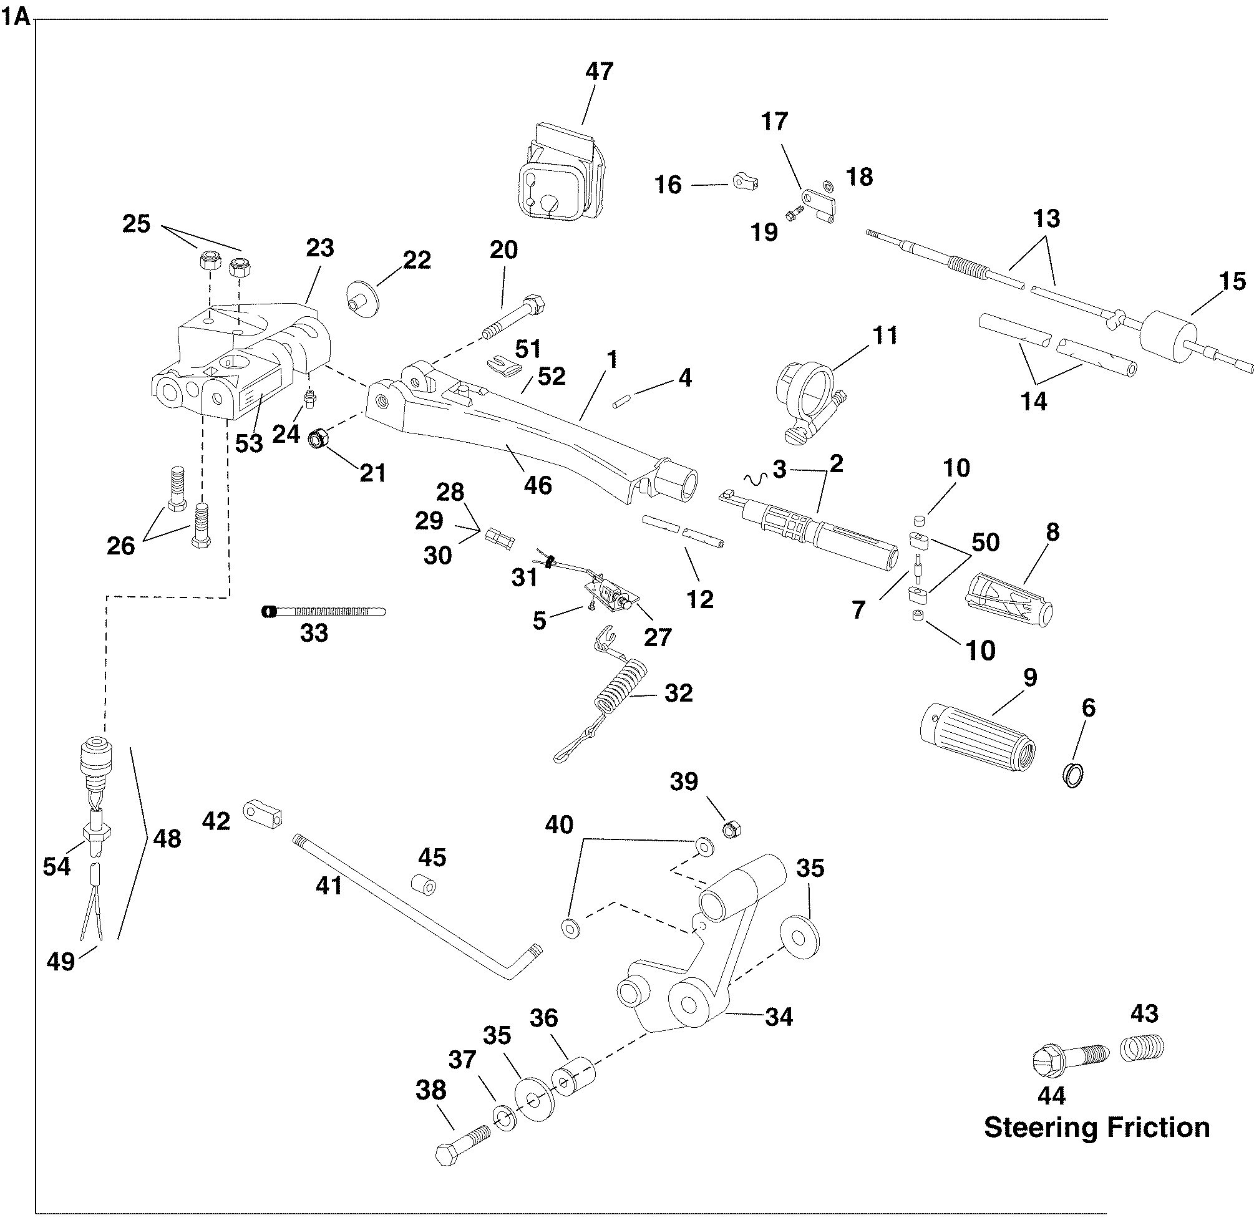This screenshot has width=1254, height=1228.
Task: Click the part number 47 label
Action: (600, 71)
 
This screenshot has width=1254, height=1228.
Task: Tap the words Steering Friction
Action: (1096, 1127)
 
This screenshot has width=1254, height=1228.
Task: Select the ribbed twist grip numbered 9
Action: (976, 735)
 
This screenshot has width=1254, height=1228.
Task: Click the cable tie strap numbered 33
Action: (323, 611)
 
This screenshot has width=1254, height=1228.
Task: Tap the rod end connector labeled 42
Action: (263, 813)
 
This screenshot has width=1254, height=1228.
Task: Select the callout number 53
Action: (249, 443)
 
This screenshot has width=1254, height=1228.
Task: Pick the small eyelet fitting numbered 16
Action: (745, 183)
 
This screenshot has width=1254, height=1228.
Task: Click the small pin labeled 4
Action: (621, 400)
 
